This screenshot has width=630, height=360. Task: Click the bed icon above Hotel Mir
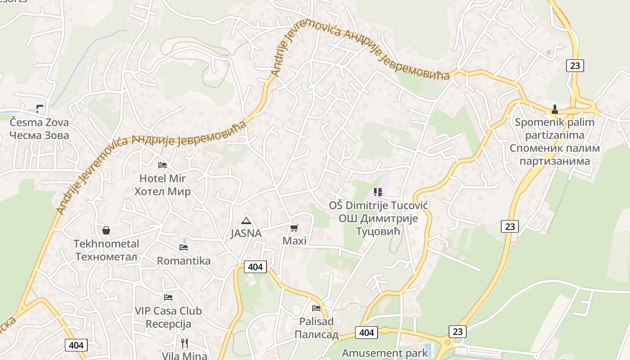(x=162, y=165)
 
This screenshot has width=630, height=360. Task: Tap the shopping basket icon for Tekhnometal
(x=106, y=230)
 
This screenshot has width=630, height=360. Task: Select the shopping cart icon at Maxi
(x=294, y=228)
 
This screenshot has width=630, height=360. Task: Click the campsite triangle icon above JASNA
(x=246, y=220)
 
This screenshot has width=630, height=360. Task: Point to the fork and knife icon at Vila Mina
(x=184, y=343)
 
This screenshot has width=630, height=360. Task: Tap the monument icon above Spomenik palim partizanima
(x=555, y=109)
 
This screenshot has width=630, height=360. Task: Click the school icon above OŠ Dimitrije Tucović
(x=378, y=193)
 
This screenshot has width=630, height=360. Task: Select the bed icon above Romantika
(x=183, y=247)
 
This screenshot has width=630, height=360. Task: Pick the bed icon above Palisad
(x=316, y=308)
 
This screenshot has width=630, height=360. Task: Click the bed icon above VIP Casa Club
(x=168, y=297)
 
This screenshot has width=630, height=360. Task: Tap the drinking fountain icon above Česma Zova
(x=40, y=108)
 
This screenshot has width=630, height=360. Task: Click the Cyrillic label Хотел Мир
(x=162, y=191)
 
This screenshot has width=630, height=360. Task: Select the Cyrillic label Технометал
(x=106, y=256)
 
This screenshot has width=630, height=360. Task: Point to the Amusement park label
(x=385, y=353)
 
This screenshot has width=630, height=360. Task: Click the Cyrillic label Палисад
(x=316, y=334)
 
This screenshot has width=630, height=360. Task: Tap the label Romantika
(x=184, y=261)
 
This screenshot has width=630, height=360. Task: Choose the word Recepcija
(x=168, y=324)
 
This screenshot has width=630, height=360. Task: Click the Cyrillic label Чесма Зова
(x=40, y=135)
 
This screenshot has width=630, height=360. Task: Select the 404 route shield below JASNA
(x=255, y=267)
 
